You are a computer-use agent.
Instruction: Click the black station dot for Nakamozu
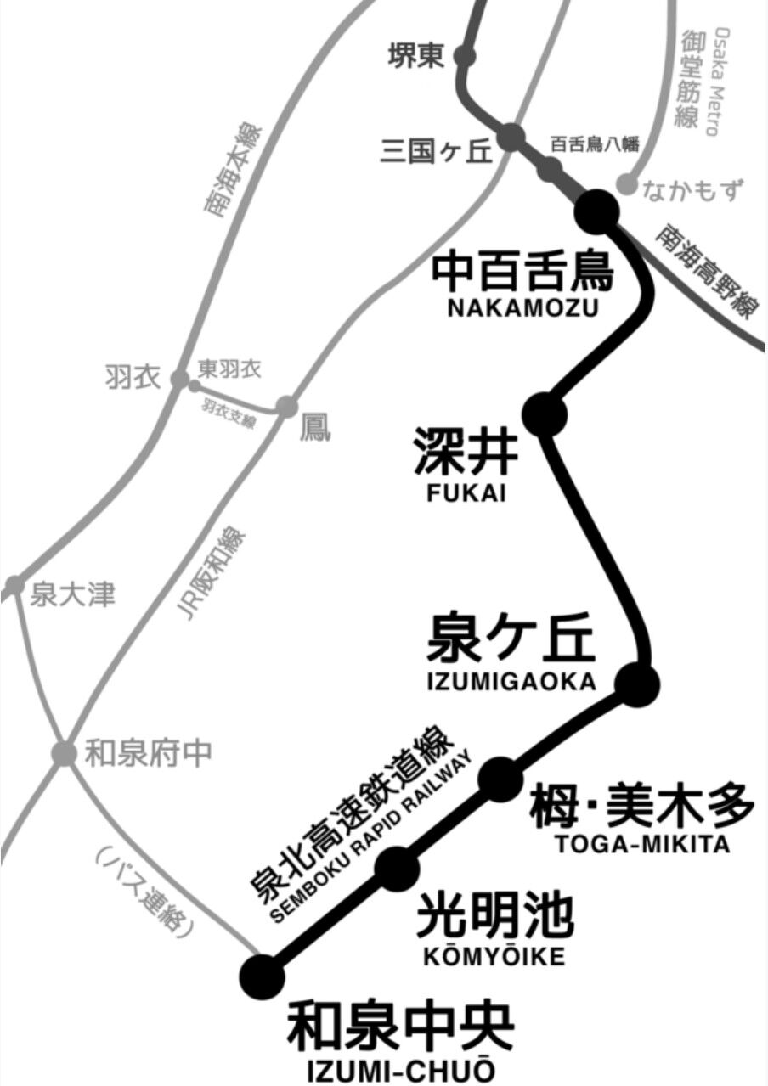(598, 210)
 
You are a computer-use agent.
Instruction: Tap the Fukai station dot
(544, 414)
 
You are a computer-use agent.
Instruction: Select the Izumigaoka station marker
(636, 683)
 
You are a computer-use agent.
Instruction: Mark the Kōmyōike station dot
(397, 866)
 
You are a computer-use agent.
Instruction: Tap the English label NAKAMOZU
(523, 307)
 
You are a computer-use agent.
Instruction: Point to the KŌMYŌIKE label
(493, 957)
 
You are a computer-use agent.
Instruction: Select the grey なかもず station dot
(626, 184)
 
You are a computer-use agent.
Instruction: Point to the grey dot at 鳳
(287, 408)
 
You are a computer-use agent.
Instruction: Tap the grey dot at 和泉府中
(64, 751)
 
